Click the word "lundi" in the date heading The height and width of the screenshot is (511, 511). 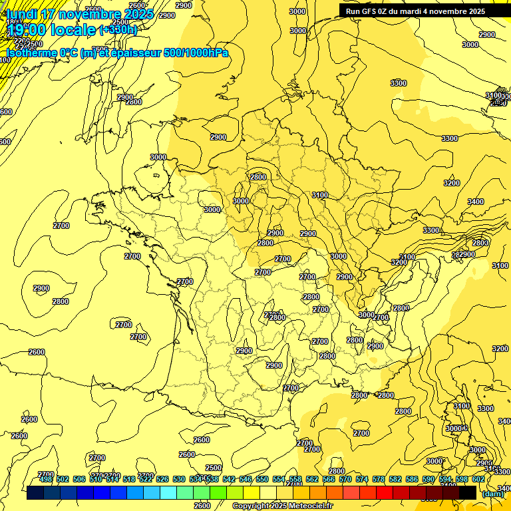[x=22, y=14]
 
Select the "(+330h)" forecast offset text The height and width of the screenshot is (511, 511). [x=118, y=30]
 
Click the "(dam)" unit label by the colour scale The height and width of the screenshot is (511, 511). [x=492, y=493]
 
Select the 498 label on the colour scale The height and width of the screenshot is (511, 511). [x=46, y=479]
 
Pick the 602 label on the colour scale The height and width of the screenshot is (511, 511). [x=478, y=479]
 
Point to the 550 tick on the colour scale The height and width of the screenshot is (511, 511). [x=262, y=479]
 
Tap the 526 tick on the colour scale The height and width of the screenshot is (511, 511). [x=162, y=479]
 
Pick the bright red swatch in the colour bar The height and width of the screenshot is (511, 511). [x=385, y=492]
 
